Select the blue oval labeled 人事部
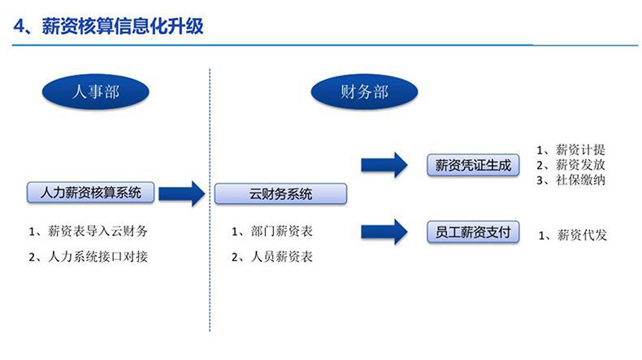click(96, 92)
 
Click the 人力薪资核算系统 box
click(90, 193)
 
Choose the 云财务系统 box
click(280, 194)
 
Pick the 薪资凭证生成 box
click(473, 165)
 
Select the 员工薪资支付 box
click(473, 232)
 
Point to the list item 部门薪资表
click(272, 232)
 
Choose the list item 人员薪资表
click(272, 257)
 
